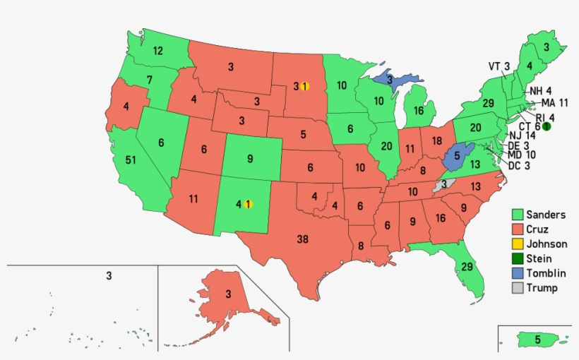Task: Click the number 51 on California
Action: pyautogui.click(x=131, y=160)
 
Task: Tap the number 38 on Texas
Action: pyautogui.click(x=302, y=239)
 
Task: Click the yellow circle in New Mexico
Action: pyautogui.click(x=248, y=205)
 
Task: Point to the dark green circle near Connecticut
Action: pyautogui.click(x=546, y=126)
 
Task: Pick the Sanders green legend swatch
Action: pyautogui.click(x=518, y=215)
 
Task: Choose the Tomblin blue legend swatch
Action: pyautogui.click(x=518, y=273)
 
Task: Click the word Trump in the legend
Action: pyautogui.click(x=542, y=288)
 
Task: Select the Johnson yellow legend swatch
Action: pyautogui.click(x=518, y=244)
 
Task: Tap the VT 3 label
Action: pyautogui.click(x=499, y=66)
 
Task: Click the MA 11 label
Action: pyautogui.click(x=554, y=103)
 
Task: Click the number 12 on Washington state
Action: pyautogui.click(x=158, y=51)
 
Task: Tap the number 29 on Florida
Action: pyautogui.click(x=467, y=266)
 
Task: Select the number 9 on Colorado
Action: pyautogui.click(x=250, y=159)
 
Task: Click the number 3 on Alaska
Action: pyautogui.click(x=228, y=294)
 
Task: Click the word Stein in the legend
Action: pyautogui.click(x=539, y=259)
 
